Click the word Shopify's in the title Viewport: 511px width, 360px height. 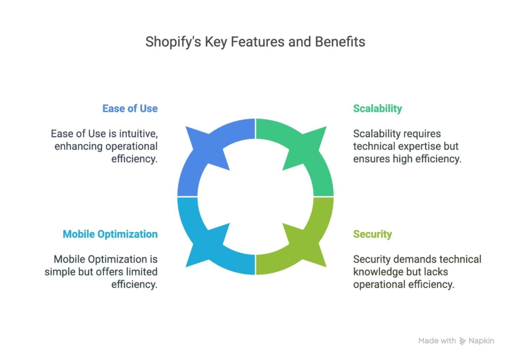(x=173, y=42)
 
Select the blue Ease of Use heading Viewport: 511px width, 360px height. (x=130, y=108)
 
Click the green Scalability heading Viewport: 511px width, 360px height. (x=377, y=109)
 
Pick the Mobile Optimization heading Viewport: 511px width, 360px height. (x=110, y=234)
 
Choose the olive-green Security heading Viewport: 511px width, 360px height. (x=372, y=234)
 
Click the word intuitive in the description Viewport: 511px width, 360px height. (x=138, y=134)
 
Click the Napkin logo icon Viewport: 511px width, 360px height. (x=463, y=341)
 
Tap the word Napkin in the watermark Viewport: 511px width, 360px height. (x=482, y=341)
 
